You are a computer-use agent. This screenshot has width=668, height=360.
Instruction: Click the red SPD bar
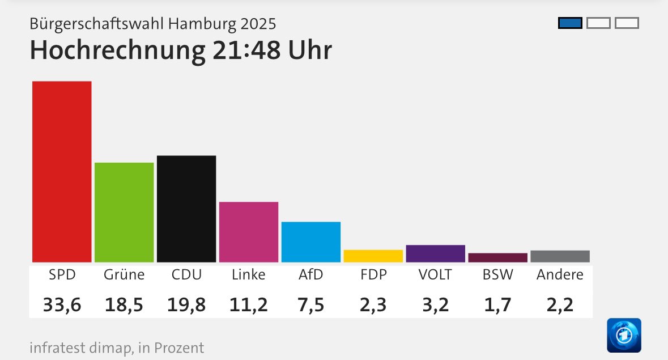tap(62, 171)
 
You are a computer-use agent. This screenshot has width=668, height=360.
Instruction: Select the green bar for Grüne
tap(124, 212)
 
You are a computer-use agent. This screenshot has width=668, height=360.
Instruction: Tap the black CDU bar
tap(186, 209)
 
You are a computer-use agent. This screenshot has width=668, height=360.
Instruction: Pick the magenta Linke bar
tap(249, 232)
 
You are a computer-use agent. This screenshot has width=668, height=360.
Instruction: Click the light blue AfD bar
tap(311, 242)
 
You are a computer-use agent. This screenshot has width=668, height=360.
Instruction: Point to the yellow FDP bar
tap(373, 256)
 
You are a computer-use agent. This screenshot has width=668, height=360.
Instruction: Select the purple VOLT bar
tap(436, 253)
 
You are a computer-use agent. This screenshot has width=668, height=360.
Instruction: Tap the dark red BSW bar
tap(498, 257)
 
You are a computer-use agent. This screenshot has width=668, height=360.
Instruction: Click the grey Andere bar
tap(560, 256)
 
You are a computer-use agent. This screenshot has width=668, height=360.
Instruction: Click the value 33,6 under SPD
tap(62, 305)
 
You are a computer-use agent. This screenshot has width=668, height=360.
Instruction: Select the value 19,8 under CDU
tap(186, 305)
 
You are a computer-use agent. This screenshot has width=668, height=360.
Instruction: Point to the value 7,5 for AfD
tap(311, 305)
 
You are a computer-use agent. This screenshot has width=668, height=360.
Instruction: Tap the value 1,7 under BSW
tap(498, 305)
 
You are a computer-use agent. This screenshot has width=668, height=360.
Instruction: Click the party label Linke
tap(249, 275)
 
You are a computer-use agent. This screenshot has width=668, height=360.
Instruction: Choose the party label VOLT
tap(435, 275)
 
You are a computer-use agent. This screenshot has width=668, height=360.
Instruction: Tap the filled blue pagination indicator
tap(570, 23)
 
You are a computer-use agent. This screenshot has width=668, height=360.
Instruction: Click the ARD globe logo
tap(624, 335)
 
